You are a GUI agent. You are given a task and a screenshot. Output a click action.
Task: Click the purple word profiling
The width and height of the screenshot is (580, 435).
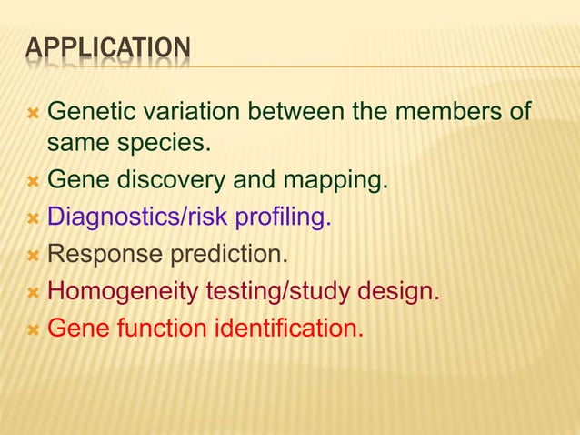pos(284,218)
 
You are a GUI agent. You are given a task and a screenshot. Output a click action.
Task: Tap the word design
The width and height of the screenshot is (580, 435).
pos(396,293)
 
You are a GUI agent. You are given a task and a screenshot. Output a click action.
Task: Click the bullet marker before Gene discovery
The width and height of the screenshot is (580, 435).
pos(33,182)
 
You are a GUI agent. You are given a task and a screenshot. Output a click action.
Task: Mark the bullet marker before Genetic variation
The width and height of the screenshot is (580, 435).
pos(33,115)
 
